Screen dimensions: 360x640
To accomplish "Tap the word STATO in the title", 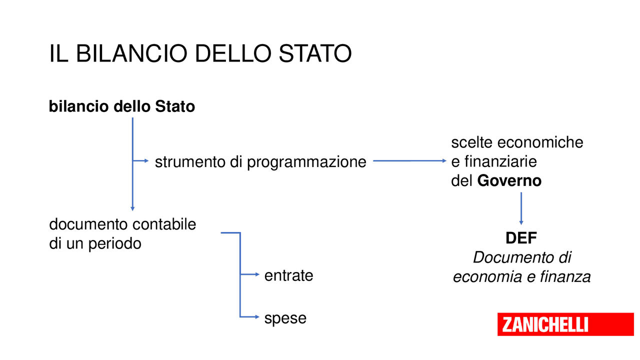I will coord(315,53).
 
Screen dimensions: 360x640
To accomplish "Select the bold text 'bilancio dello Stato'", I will coord(122,106).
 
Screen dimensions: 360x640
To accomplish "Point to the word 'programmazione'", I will coord(306,162).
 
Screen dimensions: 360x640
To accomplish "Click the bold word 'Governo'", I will coord(509,180).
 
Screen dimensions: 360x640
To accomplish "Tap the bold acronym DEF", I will coord(521,238).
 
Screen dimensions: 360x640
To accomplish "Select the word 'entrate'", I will coord(288,275).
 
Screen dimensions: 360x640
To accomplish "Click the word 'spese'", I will coord(285,318).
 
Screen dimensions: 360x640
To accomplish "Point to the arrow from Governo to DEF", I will coord(521,208).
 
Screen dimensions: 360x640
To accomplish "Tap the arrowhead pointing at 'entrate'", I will coord(257,274).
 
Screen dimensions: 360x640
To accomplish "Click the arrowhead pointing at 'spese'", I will coord(257,316).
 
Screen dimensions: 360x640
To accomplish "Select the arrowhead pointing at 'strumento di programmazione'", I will coord(146,161).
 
